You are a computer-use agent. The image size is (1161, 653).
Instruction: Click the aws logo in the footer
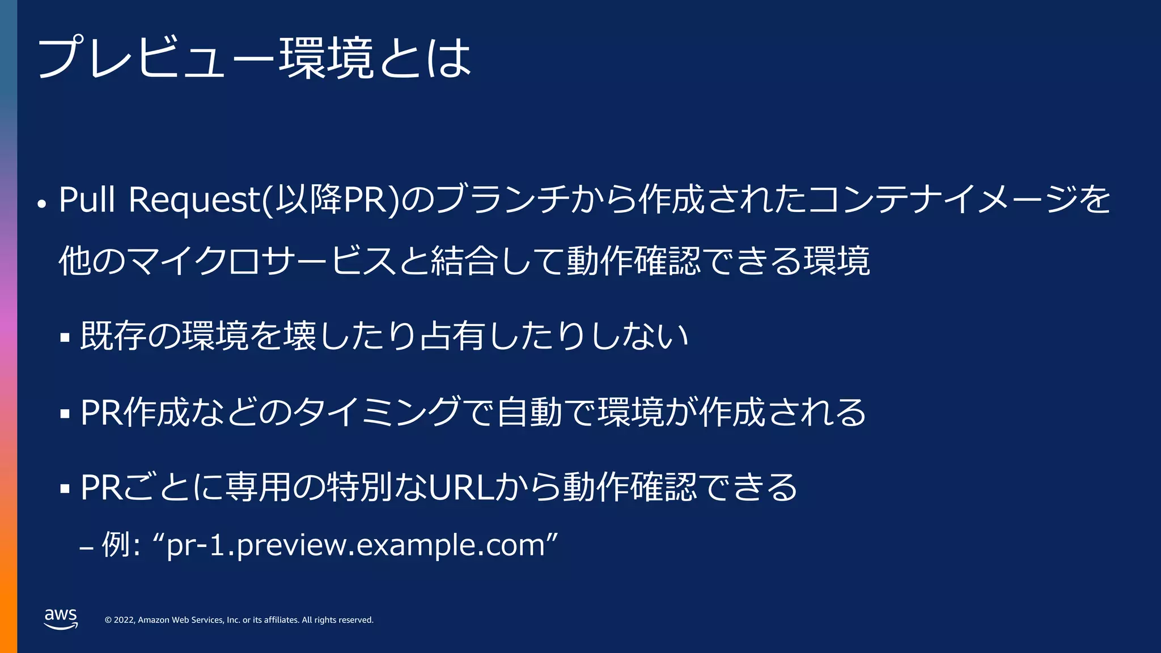point(61,618)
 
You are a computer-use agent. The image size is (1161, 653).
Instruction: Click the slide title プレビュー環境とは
point(254,58)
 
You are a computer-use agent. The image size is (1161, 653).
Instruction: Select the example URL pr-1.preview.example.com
point(356,545)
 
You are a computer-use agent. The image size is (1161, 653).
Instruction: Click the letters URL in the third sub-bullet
point(461,487)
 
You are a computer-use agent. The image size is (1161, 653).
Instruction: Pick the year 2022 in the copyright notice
point(124,620)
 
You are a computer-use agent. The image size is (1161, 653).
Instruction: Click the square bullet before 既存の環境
point(65,338)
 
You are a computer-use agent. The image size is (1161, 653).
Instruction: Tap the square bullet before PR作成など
point(65,414)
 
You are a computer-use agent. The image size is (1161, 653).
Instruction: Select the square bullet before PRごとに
point(65,489)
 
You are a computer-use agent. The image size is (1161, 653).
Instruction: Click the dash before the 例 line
point(86,548)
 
